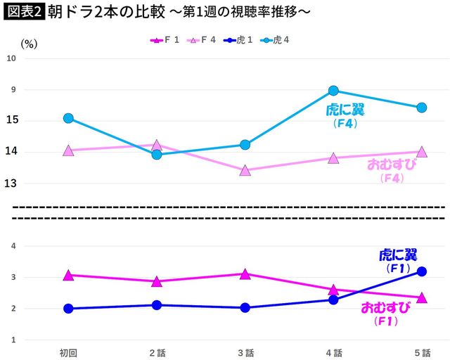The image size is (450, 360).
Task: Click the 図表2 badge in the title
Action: (x=23, y=12)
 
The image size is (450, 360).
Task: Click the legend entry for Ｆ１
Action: (x=164, y=40)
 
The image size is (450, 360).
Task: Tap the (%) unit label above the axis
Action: (x=29, y=43)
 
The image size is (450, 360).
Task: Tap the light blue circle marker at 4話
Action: (x=333, y=91)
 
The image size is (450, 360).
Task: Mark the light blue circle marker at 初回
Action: (x=68, y=118)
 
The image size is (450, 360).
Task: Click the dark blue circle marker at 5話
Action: (x=421, y=271)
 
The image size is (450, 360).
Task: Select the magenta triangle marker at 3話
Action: (x=245, y=274)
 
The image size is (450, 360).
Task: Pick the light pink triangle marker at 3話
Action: (x=245, y=170)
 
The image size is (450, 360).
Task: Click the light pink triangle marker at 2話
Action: (x=157, y=145)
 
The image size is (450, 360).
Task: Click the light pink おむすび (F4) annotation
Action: (x=392, y=171)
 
